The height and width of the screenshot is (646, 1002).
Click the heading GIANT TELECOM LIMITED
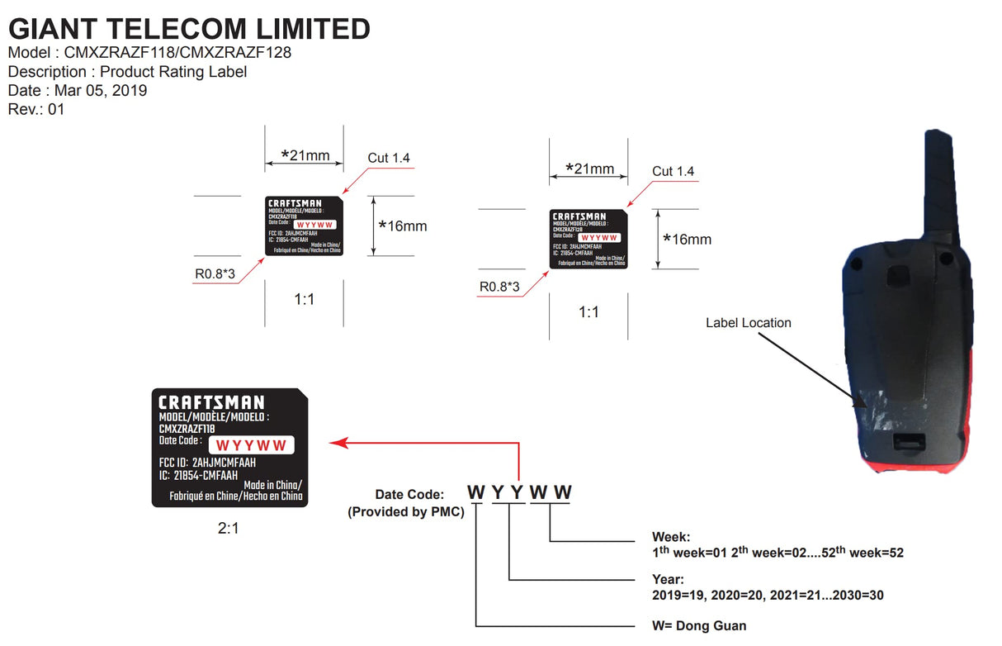coord(189,29)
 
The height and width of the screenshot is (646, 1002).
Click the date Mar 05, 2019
coord(101,90)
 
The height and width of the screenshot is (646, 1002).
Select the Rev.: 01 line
coord(36,108)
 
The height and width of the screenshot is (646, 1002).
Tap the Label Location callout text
coord(748,323)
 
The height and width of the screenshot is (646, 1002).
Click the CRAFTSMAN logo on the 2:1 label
coord(211,403)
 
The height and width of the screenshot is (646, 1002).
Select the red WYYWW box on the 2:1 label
coord(250,446)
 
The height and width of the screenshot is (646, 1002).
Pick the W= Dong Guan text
coord(699,625)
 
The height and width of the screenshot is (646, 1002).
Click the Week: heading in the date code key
coord(671,537)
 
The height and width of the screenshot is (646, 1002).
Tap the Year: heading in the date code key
coord(668,580)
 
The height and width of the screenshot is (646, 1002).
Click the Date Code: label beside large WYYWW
coord(409,495)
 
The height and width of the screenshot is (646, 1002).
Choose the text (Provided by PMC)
coord(406,512)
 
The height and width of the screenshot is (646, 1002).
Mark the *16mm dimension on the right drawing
coord(687,240)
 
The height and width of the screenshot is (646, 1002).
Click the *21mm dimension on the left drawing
coord(305,154)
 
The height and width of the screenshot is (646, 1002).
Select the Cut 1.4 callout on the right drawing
coord(673,172)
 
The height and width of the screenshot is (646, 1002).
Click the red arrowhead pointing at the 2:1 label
coord(337,444)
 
